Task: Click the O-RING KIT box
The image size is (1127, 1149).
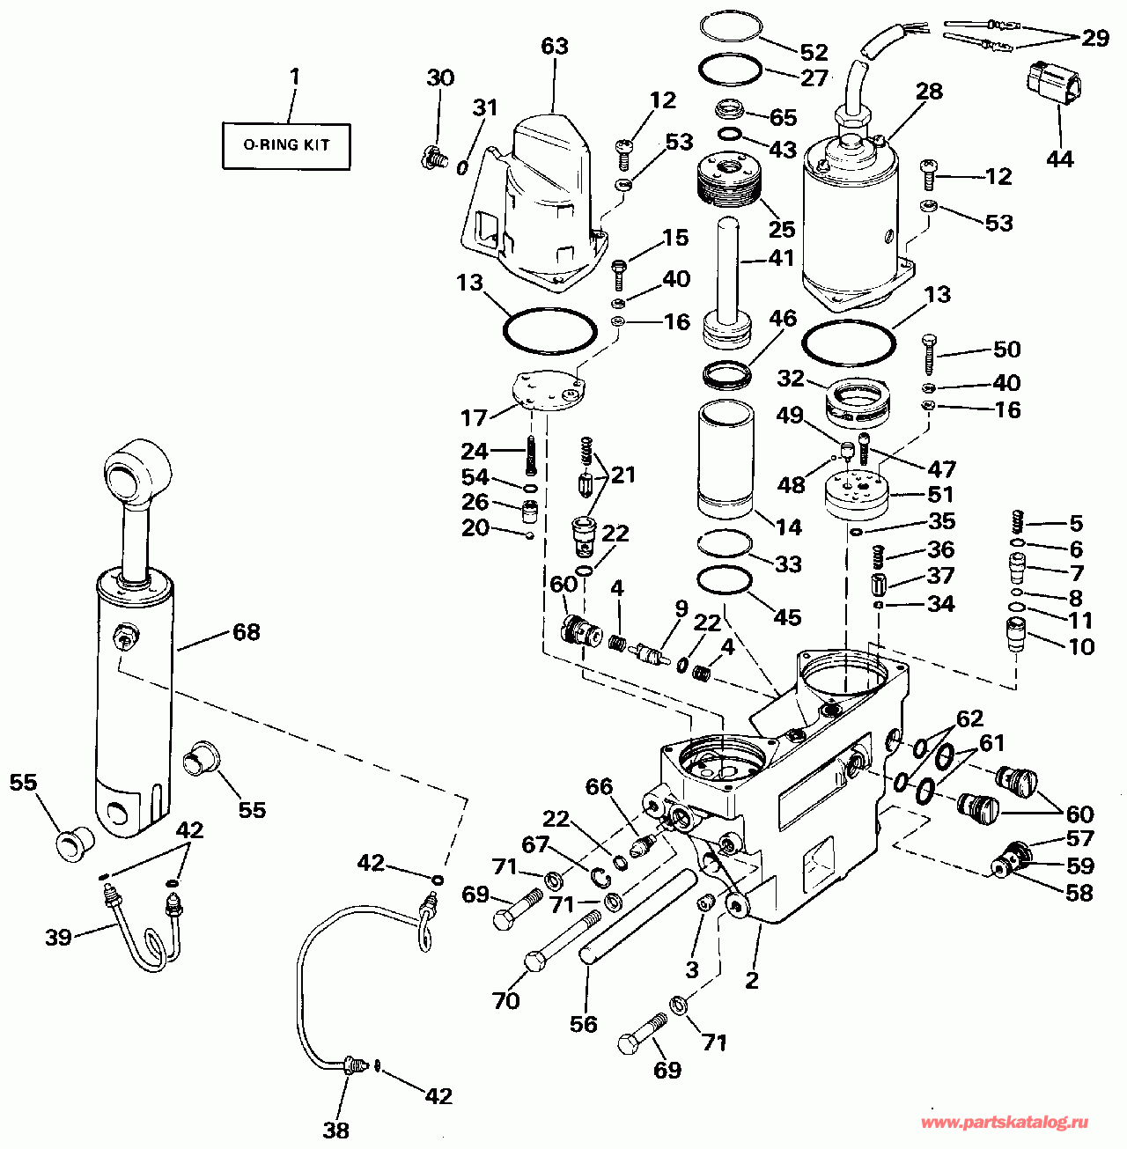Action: pyautogui.click(x=286, y=145)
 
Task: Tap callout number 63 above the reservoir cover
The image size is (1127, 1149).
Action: pyautogui.click(x=555, y=46)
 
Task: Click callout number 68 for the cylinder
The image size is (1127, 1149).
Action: pyautogui.click(x=247, y=632)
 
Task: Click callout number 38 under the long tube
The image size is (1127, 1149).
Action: pyautogui.click(x=335, y=1130)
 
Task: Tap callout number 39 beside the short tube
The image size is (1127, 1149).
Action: pyautogui.click(x=58, y=937)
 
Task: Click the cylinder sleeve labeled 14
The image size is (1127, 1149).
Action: pyautogui.click(x=726, y=459)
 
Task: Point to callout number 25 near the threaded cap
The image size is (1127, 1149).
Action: pyautogui.click(x=782, y=229)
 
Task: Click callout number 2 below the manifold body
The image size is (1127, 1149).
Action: pyautogui.click(x=751, y=980)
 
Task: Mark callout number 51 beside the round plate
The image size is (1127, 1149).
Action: pyautogui.click(x=940, y=494)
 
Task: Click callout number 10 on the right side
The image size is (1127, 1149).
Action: pyautogui.click(x=1080, y=646)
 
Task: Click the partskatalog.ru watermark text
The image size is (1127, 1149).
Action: pyautogui.click(x=1004, y=1123)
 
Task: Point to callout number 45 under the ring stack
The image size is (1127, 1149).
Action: pyautogui.click(x=786, y=616)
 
